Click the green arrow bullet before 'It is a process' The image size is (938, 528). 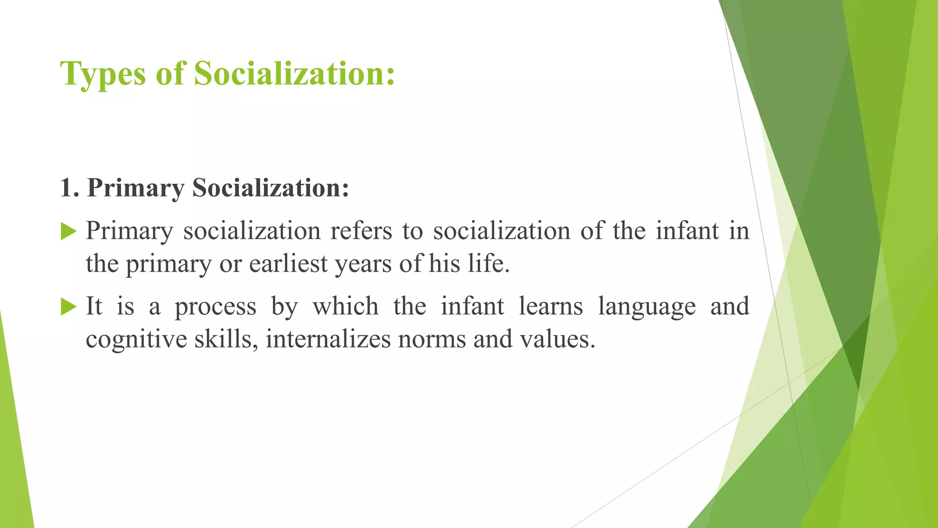click(68, 307)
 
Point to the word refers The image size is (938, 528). click(361, 231)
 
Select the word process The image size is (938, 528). click(215, 307)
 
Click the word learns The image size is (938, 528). click(551, 306)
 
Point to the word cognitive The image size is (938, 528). click(136, 340)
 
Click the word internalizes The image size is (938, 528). click(328, 339)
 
